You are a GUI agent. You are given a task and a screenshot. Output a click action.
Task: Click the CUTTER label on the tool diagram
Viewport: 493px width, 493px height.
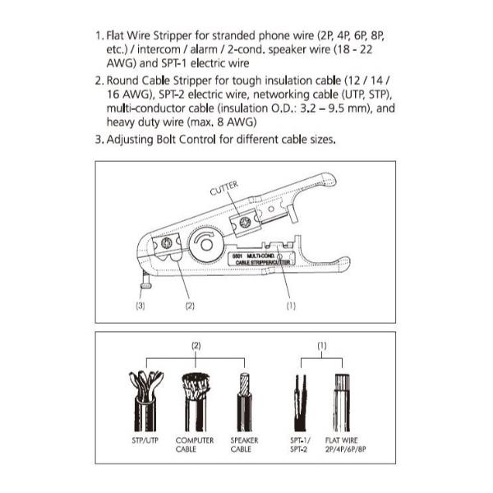pyautogui.click(x=223, y=189)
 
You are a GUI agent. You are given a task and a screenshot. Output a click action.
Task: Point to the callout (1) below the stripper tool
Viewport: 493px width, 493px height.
pyautogui.click(x=290, y=305)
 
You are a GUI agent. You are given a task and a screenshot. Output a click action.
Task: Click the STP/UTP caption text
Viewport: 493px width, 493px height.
pyautogui.click(x=145, y=440)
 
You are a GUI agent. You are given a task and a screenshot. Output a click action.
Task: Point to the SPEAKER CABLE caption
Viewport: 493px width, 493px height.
pyautogui.click(x=243, y=445)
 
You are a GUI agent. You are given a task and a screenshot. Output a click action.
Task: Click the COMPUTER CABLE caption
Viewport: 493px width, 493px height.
pyautogui.click(x=194, y=445)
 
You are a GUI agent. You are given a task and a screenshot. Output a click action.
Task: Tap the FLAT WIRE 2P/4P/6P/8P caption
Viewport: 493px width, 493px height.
pyautogui.click(x=346, y=445)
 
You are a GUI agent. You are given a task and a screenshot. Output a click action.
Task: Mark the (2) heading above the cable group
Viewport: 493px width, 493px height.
pyautogui.click(x=196, y=346)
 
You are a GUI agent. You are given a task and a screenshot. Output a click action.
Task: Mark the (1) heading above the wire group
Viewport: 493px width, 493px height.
pyautogui.click(x=322, y=346)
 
